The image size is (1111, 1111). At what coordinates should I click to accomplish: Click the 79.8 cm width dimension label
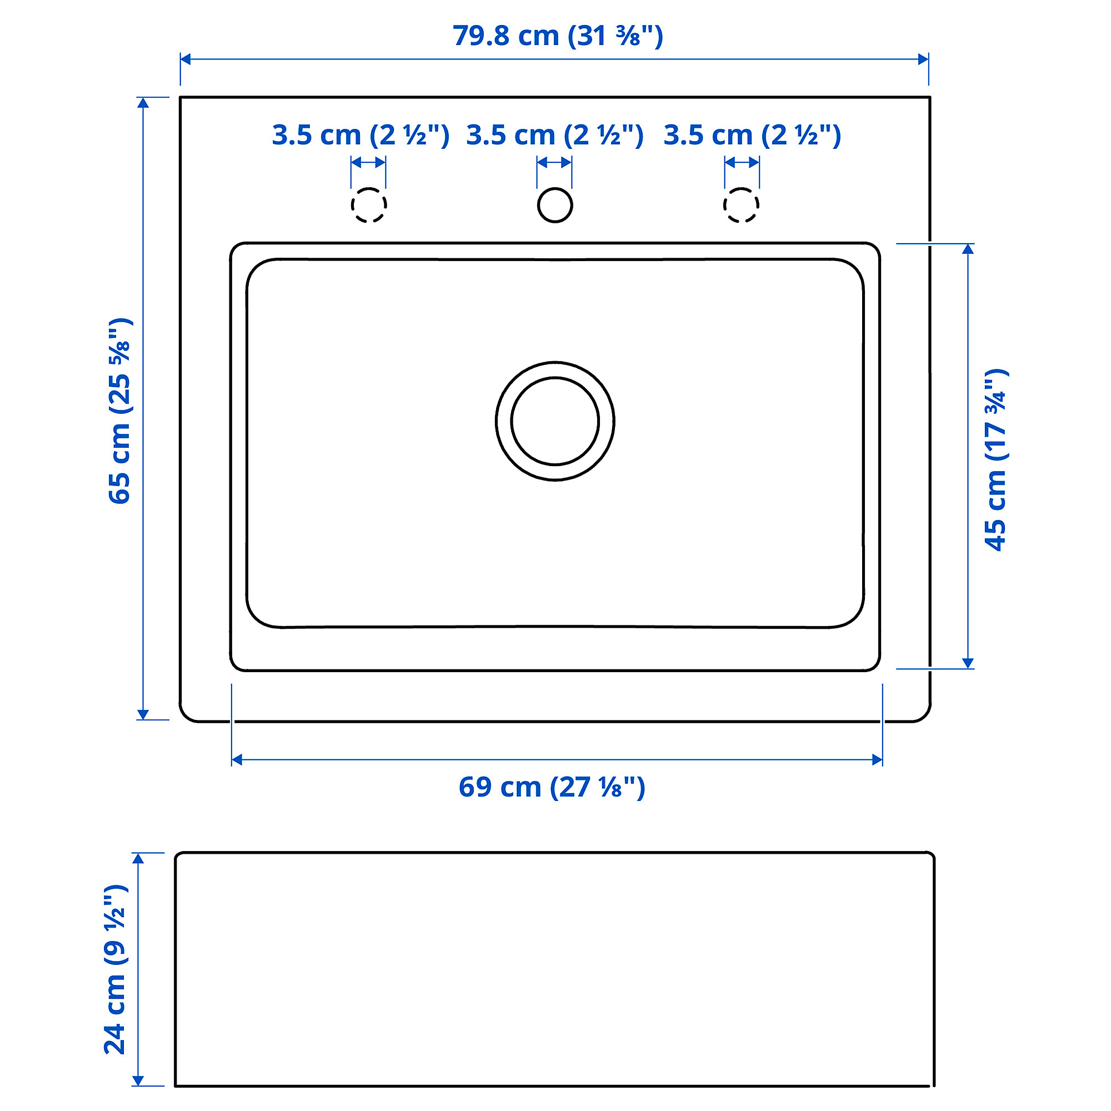pos(558,36)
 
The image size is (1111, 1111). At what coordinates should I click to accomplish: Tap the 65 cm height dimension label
pos(120,411)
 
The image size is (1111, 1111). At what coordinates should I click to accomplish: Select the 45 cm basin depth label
pos(997,459)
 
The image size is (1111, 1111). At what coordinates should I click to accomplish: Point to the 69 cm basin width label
pos(552,787)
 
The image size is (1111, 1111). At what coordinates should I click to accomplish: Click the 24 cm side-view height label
pos(116,969)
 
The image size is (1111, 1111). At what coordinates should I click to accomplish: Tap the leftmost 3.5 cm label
pos(361,136)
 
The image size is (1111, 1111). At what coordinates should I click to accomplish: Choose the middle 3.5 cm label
pos(555,136)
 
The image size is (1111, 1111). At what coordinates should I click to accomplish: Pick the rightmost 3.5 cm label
pos(752,136)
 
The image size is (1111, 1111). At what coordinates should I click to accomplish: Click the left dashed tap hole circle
pos(352,205)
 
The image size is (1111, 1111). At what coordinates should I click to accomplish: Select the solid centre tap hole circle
pos(538,205)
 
